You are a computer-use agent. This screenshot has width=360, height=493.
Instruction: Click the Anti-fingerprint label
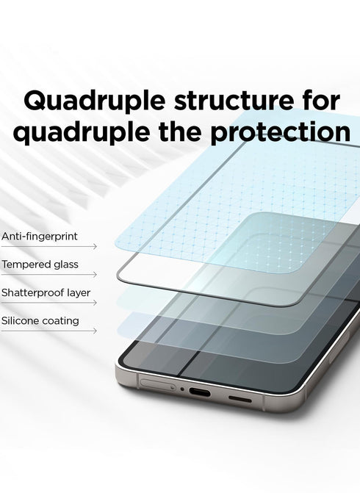click(40, 237)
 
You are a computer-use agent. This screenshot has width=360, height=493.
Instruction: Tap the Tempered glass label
click(40, 264)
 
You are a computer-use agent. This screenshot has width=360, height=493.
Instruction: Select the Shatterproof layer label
click(46, 292)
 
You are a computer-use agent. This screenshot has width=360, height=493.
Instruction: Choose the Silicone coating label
click(40, 321)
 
